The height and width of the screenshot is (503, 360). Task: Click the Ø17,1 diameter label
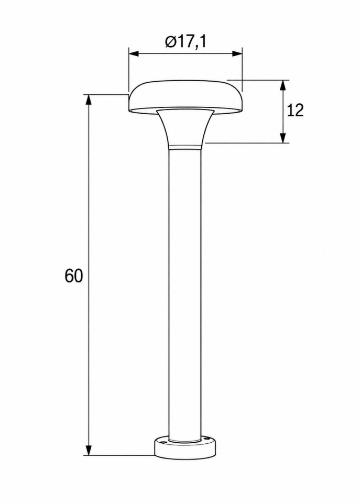tap(186, 42)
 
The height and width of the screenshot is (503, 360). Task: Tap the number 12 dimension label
tap(295, 111)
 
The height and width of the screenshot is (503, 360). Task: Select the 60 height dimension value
tap(74, 276)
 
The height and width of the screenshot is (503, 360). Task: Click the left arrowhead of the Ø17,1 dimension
tap(134, 54)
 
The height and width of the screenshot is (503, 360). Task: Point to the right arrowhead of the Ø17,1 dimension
tap(237, 54)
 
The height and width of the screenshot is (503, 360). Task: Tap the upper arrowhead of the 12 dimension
tap(282, 85)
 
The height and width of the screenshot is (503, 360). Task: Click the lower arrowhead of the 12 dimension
tap(282, 138)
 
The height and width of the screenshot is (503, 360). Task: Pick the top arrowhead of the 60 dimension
tap(89, 100)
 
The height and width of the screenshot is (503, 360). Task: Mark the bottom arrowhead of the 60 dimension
tap(89, 450)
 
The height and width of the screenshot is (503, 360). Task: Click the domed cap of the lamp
tap(185, 96)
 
